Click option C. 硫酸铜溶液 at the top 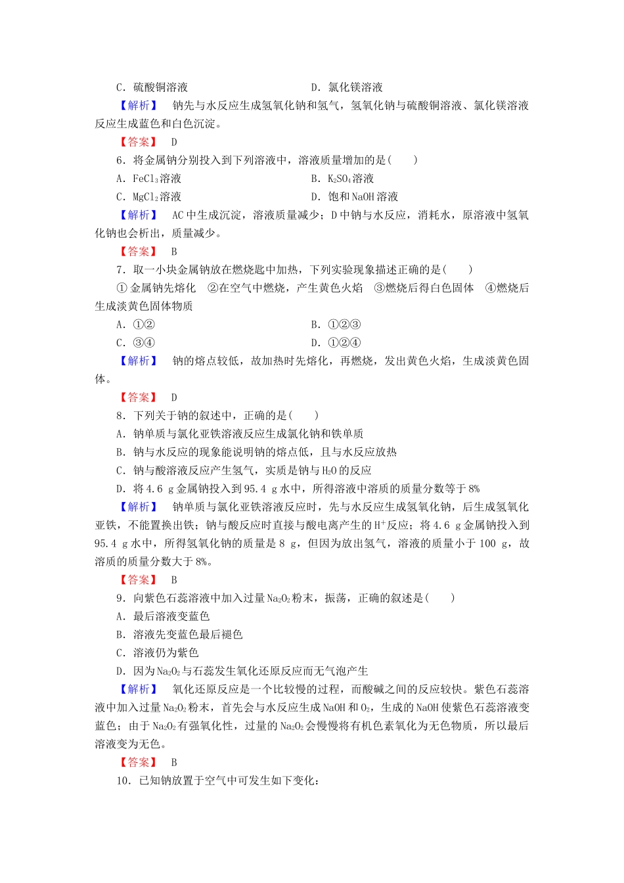point(152,87)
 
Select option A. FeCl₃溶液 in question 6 point(149,179)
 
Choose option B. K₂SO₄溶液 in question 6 point(343,179)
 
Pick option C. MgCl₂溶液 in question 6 point(149,197)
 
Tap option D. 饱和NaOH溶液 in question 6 point(355,197)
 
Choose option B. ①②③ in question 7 point(336,325)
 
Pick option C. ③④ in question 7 point(136,343)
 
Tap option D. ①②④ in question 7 point(336,343)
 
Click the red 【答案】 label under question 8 point(139,580)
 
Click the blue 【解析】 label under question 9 point(139,689)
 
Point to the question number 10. point(124,781)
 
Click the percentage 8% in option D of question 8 point(473,489)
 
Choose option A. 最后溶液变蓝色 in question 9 point(163,616)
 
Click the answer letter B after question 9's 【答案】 point(174,763)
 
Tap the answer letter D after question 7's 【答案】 point(174,397)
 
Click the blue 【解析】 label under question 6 point(139,215)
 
